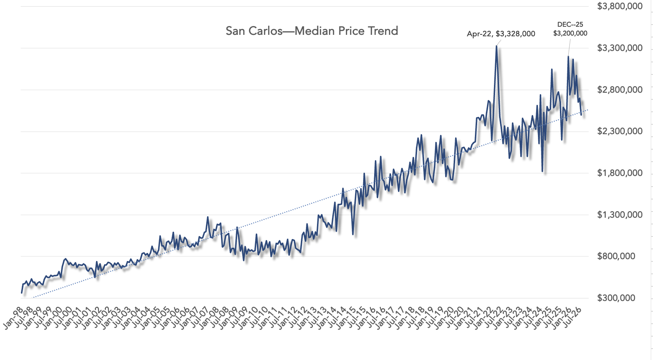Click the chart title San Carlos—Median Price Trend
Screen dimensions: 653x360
312,31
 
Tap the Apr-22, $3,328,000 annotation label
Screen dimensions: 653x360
501,34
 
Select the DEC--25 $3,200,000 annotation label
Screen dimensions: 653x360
570,29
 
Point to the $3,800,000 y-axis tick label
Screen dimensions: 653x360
620,6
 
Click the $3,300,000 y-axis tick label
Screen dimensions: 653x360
620,48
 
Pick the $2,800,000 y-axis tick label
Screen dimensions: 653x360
620,90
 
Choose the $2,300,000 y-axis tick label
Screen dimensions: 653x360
620,131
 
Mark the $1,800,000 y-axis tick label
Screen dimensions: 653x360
620,173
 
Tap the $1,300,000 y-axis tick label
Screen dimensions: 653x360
620,215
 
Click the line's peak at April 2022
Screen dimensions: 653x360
497,46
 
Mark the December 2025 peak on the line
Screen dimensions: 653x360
568,56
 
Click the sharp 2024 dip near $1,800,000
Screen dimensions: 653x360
542,171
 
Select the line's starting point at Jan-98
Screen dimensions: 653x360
21,293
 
